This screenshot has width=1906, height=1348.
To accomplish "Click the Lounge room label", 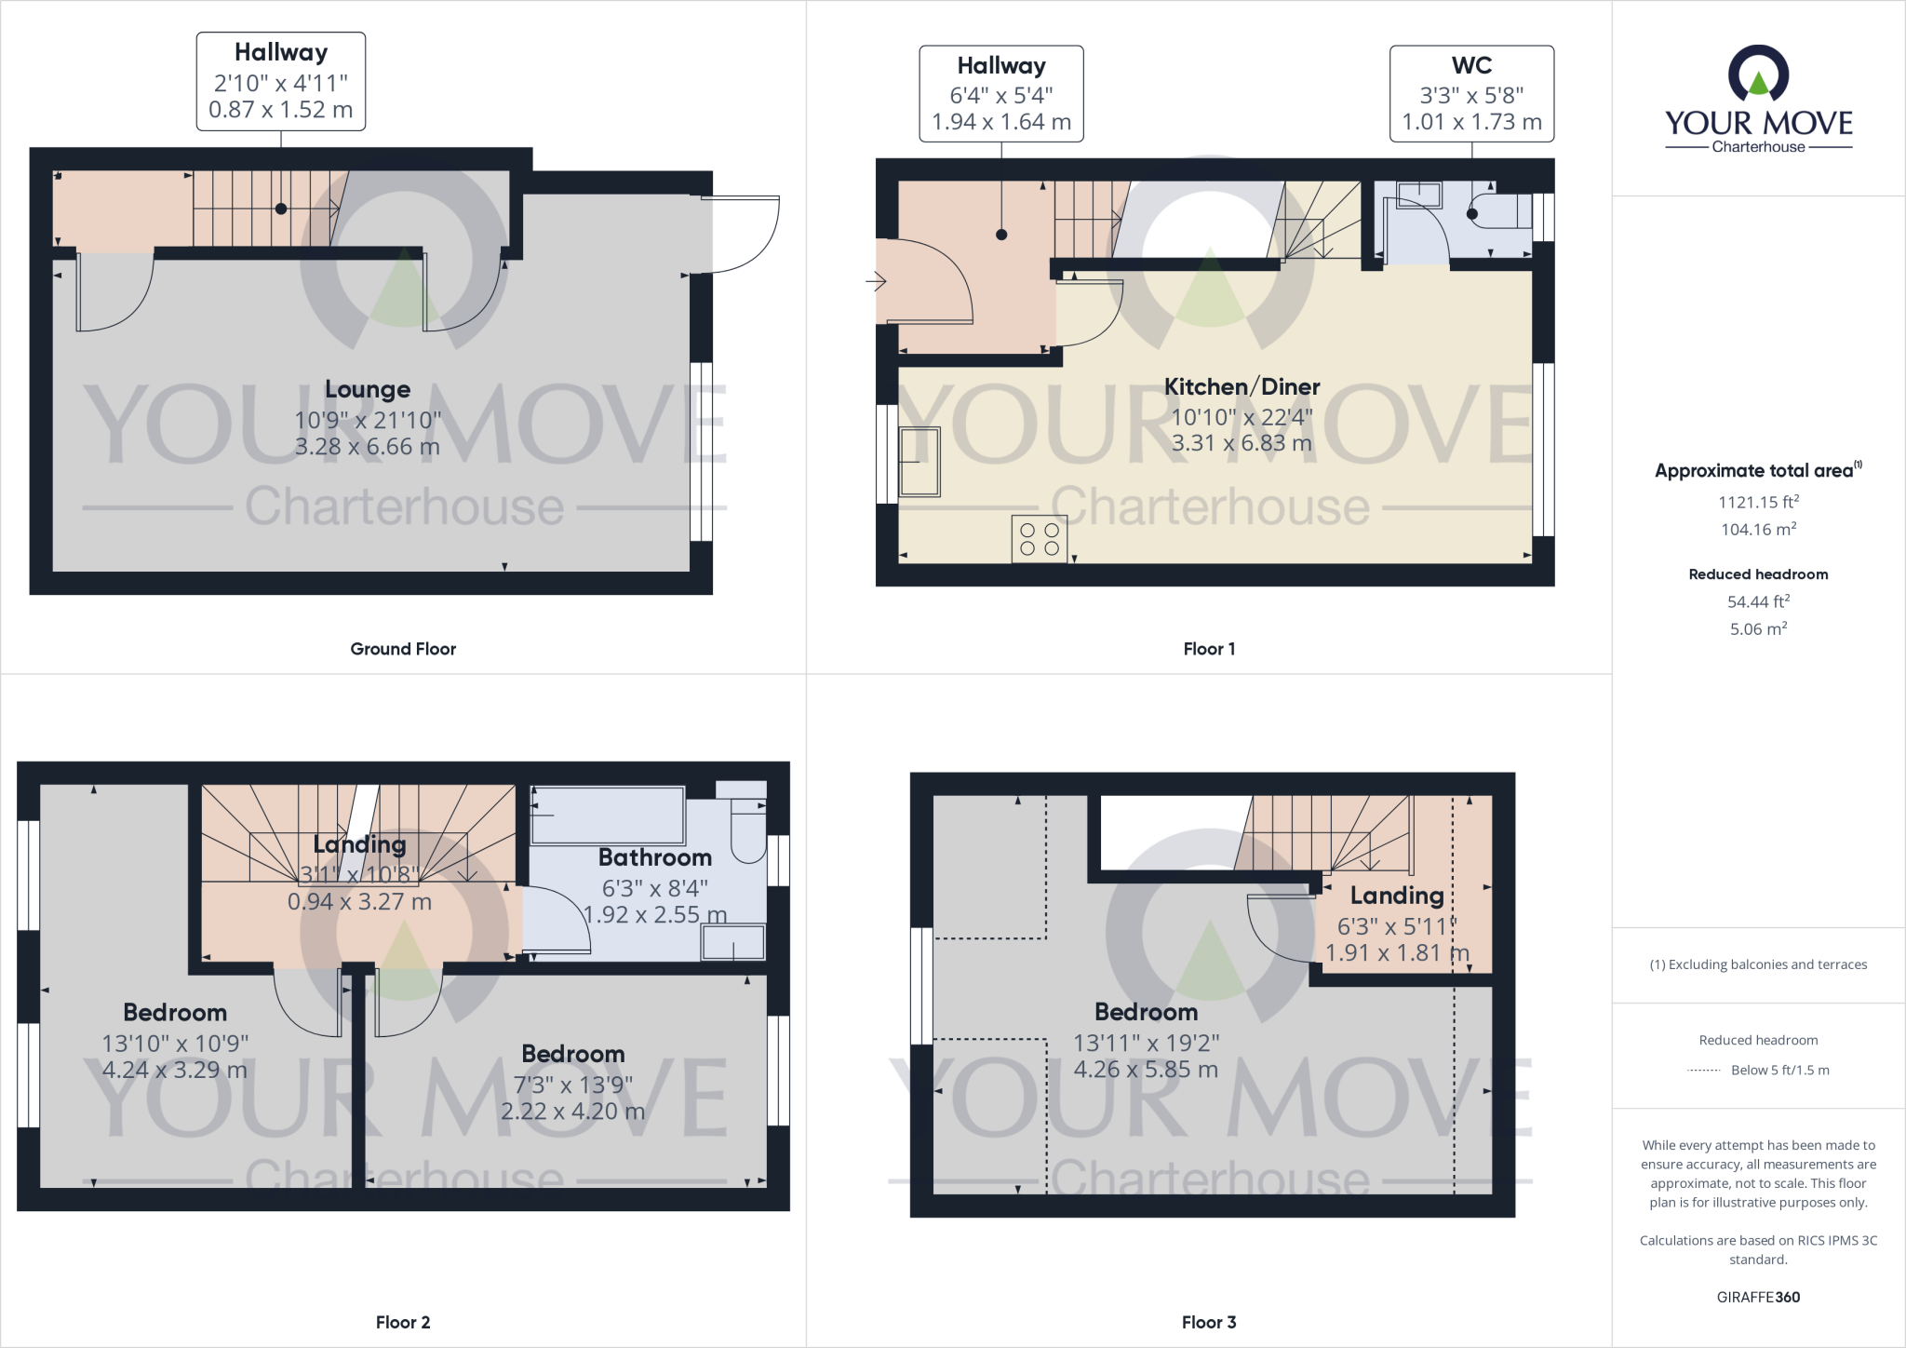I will point(367,389).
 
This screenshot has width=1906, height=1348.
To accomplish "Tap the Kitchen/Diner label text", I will point(1242,386).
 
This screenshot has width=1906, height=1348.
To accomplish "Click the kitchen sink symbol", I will point(919,462).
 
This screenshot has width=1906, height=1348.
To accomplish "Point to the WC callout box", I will point(1471,93).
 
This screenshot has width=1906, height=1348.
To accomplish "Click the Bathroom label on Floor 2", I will point(654,857).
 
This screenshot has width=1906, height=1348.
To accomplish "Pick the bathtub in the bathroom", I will point(608,816).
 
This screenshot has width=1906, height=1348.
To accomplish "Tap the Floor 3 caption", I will point(1209,1322).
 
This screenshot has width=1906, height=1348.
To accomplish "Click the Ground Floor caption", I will point(403,649).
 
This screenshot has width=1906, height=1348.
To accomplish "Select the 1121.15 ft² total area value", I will point(1758,502).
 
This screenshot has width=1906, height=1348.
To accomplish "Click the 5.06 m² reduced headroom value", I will point(1758,629).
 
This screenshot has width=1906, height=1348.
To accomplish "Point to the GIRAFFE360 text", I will point(1758,1297).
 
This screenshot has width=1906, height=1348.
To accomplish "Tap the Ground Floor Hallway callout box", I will point(281,81).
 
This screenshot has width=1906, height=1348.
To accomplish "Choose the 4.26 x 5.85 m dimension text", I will point(1146,1070).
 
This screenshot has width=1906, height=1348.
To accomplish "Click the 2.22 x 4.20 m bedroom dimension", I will point(572,1112).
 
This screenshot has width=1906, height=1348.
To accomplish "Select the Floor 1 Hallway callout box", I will point(1001,93).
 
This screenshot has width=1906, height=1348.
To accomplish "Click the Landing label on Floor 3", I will point(1397,896).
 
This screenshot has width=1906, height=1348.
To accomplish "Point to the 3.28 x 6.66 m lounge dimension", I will point(367,447).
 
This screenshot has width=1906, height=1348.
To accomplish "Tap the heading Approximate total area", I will point(1754,471).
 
